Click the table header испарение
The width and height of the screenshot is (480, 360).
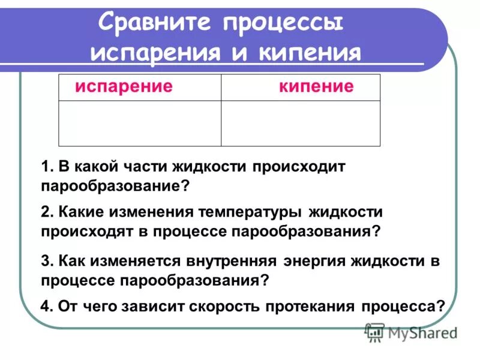(124, 87)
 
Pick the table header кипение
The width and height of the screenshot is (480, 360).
(316, 87)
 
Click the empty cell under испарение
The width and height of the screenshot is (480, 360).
(140, 123)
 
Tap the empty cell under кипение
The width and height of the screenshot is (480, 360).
(301, 123)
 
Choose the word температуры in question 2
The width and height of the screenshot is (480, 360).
(259, 212)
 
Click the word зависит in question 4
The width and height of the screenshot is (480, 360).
(154, 306)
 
